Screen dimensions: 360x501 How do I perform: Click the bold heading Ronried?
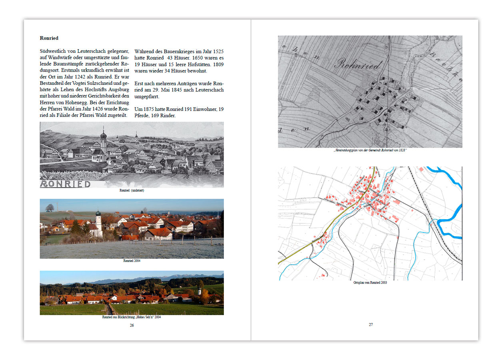click(x=49, y=38)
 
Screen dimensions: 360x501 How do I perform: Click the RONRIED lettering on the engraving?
click(x=65, y=184)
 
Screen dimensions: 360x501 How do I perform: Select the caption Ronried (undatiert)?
click(x=132, y=190)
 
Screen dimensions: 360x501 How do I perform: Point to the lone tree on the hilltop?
click(x=50, y=208)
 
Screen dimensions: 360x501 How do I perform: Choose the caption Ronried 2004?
click(x=132, y=261)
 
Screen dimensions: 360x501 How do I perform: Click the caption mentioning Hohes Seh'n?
click(x=132, y=317)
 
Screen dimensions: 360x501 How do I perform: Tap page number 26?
click(x=132, y=325)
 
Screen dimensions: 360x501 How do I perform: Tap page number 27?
click(x=371, y=324)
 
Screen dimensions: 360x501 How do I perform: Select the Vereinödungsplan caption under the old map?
click(x=370, y=150)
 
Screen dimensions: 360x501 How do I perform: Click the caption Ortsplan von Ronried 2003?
click(x=370, y=282)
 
